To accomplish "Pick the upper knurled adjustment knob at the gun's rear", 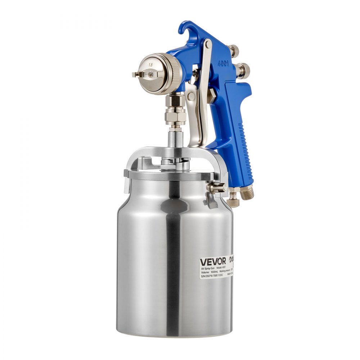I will [234, 49].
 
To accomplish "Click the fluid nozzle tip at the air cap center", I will [150, 74].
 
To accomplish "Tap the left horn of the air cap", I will [136, 75].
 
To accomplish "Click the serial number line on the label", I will [212, 275].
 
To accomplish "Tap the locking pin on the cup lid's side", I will [219, 188].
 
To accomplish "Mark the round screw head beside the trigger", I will [191, 96].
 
